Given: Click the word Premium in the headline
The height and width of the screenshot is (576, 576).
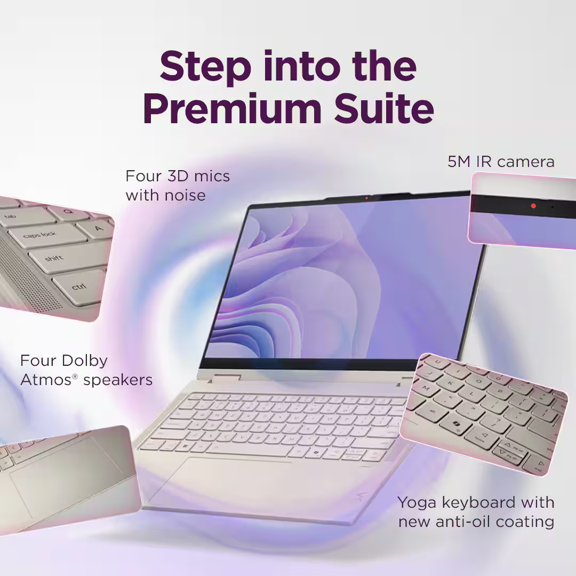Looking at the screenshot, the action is (x=233, y=109).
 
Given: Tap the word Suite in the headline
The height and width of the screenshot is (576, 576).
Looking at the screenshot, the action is (x=384, y=109).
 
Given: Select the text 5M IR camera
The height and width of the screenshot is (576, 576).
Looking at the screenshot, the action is (x=501, y=162).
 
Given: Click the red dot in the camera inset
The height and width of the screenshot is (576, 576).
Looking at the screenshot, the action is (x=533, y=206).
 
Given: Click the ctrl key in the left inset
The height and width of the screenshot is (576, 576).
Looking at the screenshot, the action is (x=79, y=286).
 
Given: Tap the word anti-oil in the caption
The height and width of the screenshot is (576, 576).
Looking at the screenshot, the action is (x=463, y=522).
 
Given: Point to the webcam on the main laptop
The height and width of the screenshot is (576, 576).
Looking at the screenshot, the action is (x=366, y=198).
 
